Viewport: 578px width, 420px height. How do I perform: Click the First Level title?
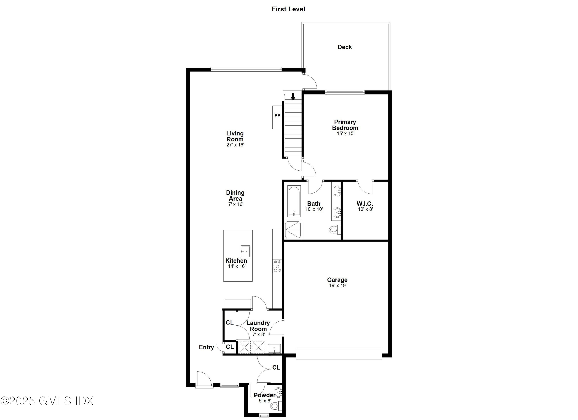tap(288, 9)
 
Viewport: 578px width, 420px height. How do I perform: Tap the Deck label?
tap(344, 47)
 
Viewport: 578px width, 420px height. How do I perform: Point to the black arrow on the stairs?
tap(293, 96)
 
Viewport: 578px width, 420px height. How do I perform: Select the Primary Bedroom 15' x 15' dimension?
tap(345, 133)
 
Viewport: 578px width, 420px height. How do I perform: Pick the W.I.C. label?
tap(365, 204)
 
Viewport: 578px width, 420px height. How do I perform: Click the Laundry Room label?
tap(258, 326)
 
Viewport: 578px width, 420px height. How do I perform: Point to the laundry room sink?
tap(274, 349)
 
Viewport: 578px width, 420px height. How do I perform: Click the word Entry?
tap(206, 347)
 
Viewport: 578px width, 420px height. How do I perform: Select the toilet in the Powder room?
tap(275, 406)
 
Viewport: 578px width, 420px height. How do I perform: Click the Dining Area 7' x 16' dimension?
tap(235, 204)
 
